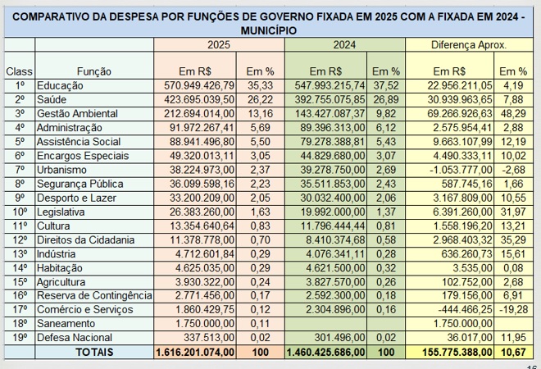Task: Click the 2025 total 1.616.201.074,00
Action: (195, 352)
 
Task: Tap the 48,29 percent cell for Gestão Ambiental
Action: (513, 113)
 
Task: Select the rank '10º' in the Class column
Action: (20, 212)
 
